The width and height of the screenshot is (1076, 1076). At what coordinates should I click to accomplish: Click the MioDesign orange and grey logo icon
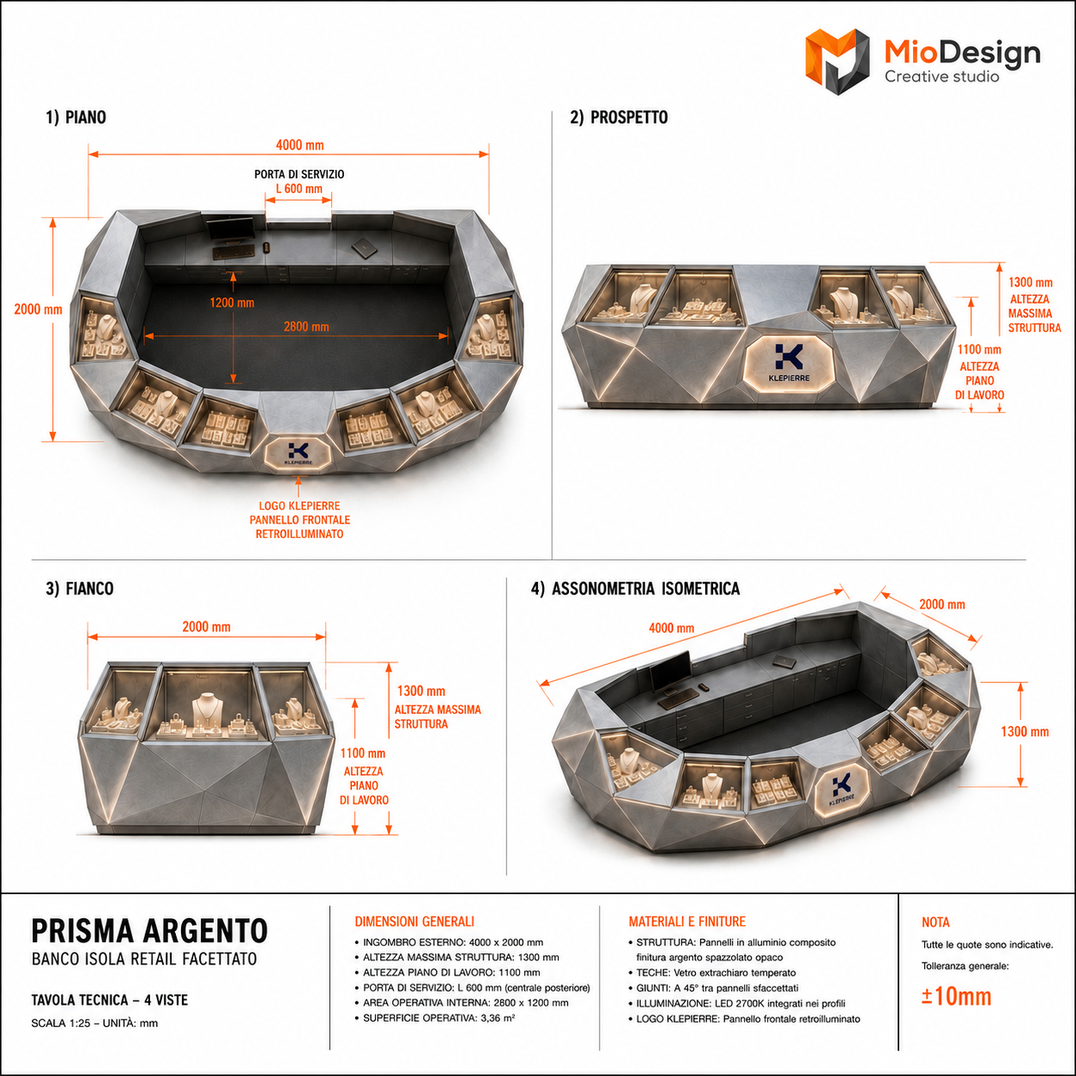pos(837,61)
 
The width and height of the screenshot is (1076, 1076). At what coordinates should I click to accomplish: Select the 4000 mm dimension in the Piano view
pos(299,145)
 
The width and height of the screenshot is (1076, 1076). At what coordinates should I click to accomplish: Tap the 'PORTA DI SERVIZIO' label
pos(299,174)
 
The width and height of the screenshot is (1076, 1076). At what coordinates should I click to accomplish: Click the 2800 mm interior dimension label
pos(306,327)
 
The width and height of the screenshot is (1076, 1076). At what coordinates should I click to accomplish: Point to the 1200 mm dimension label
pos(232,303)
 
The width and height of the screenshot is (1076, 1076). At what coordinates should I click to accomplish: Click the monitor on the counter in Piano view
pos(230,230)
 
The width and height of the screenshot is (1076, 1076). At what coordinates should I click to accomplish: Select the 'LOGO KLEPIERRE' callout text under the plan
pos(299,506)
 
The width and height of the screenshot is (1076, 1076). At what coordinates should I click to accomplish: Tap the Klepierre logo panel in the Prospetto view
pos(789,362)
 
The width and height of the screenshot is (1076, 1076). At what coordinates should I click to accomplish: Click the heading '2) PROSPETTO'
pos(619,118)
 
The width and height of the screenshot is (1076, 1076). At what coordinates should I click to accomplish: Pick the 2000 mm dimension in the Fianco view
pos(207,626)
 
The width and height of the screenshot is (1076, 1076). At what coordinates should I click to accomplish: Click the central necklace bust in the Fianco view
pos(205,709)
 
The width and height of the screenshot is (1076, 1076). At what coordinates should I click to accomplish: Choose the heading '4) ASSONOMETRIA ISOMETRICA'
pos(636,589)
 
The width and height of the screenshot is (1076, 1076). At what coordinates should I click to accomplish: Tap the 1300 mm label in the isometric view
pos(1025,731)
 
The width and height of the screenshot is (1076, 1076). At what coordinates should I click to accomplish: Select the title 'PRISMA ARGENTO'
pos(149,931)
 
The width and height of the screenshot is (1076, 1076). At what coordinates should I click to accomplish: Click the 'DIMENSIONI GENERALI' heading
pos(414,922)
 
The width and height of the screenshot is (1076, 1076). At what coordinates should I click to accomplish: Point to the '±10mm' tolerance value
pos(957,996)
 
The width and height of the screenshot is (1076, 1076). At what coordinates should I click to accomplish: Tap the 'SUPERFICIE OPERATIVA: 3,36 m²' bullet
pos(438,1018)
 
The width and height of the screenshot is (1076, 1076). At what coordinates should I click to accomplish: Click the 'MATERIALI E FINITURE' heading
pos(687,922)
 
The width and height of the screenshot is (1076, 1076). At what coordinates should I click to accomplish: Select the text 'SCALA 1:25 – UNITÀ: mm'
pos(94,1024)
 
